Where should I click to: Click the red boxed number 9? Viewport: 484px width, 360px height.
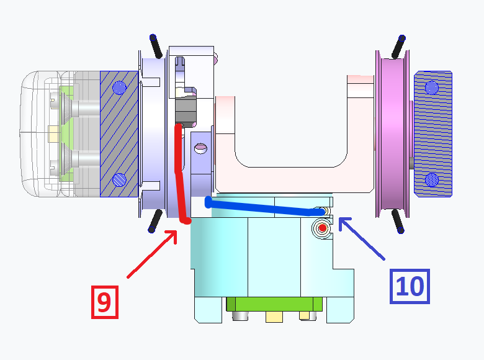[x=104, y=302]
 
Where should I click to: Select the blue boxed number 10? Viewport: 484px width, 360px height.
[x=409, y=286]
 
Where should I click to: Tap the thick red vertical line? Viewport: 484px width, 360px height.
[x=181, y=174]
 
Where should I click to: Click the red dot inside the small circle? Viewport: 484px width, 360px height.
[x=322, y=228]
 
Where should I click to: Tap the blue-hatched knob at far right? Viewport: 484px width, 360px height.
[x=432, y=133]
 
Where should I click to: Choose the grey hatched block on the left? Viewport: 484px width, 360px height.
[x=119, y=133]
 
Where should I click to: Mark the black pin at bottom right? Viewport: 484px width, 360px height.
[x=398, y=222]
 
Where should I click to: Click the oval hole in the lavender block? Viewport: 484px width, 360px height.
[x=200, y=148]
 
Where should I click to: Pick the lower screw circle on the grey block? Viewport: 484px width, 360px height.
[x=120, y=181]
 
